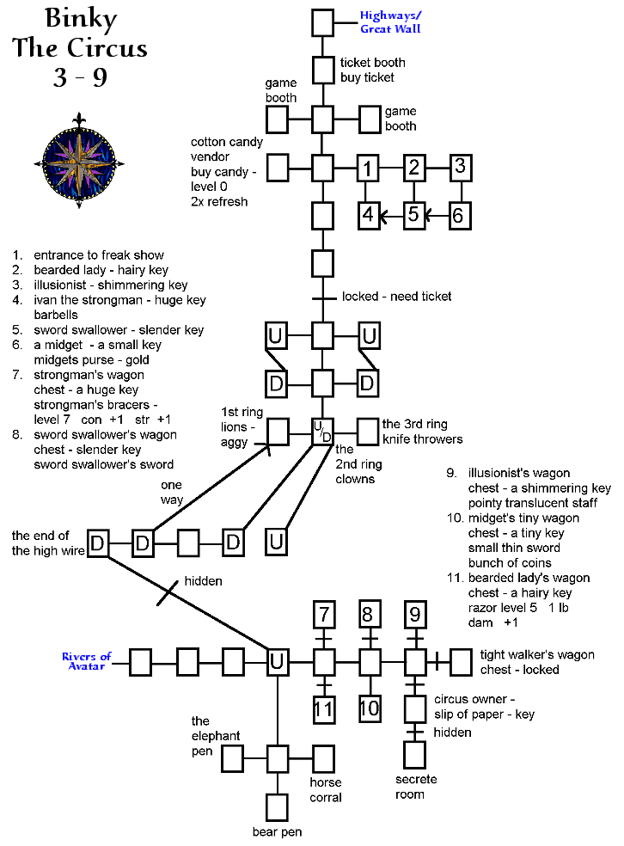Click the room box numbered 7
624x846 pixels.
tap(323, 615)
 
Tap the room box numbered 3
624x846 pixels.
tap(460, 166)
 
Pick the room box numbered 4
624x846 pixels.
tap(368, 214)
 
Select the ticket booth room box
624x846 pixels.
tap(323, 69)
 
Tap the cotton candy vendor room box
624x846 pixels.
tap(278, 168)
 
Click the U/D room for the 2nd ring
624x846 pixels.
tap(321, 431)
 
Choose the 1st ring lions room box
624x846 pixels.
tap(278, 431)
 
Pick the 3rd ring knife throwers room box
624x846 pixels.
tap(368, 431)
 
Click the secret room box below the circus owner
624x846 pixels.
tap(415, 754)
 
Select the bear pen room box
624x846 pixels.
tap(277, 807)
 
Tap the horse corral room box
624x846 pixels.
tap(323, 758)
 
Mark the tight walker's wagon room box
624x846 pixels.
tap(462, 661)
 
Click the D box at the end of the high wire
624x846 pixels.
tap(98, 543)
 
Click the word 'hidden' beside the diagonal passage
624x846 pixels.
tap(203, 581)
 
